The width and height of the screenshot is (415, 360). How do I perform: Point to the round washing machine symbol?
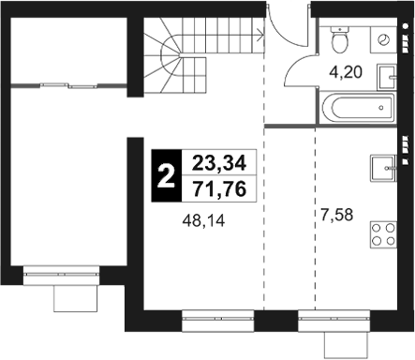click(385, 38)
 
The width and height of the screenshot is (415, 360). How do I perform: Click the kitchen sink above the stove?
click(383, 169)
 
